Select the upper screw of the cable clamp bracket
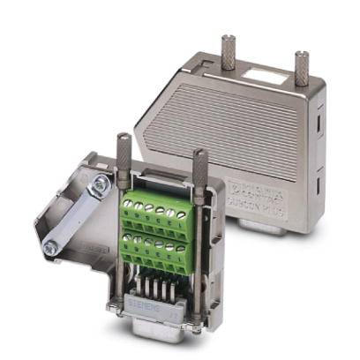[x=102, y=184]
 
